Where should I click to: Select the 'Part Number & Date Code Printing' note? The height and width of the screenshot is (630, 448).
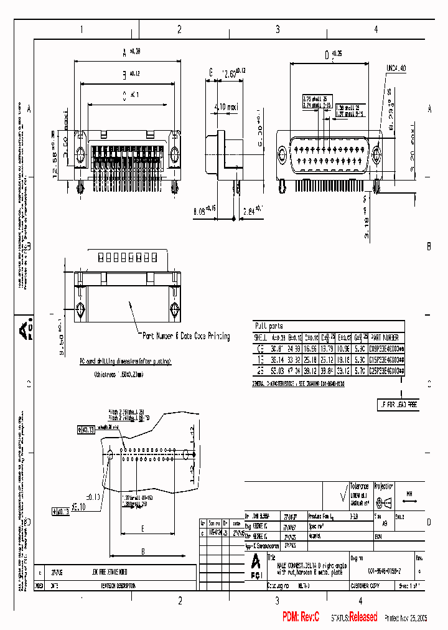tap(186, 336)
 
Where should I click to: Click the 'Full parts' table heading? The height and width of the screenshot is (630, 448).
tap(269, 326)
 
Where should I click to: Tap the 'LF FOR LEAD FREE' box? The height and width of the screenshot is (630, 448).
tap(398, 405)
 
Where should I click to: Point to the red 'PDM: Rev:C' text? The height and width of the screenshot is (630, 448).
tap(301, 617)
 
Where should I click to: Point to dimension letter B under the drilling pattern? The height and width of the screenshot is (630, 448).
tap(143, 551)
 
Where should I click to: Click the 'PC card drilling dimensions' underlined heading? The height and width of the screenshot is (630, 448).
tap(125, 361)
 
